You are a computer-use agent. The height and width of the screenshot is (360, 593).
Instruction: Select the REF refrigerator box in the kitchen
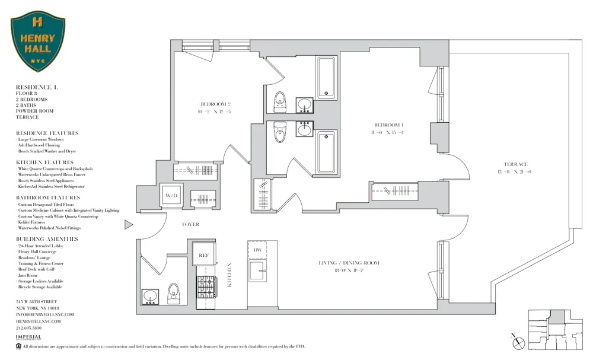tap(204, 255)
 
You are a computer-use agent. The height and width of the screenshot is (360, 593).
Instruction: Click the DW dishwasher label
tap(257, 250)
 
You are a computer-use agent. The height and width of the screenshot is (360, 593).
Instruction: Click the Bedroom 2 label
tap(215, 104)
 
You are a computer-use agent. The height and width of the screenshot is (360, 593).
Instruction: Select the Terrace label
tap(515, 164)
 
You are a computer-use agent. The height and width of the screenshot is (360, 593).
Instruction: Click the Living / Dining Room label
tap(348, 263)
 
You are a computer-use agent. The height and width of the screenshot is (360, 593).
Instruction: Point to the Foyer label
tap(191, 225)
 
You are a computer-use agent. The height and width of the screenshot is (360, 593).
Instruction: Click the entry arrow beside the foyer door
tap(128, 225)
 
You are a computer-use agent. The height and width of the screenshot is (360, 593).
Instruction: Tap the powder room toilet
tap(174, 293)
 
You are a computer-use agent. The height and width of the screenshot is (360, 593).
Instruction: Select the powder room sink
tap(150, 296)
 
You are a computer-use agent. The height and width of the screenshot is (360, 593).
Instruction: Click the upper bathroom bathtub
tap(326, 77)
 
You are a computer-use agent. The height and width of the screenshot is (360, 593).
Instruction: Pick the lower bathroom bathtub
tap(326, 152)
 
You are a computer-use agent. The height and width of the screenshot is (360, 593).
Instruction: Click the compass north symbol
tap(519, 342)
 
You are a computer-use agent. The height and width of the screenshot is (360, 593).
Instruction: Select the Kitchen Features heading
tap(45, 162)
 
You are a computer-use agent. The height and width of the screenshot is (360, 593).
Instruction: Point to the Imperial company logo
tap(28, 337)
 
